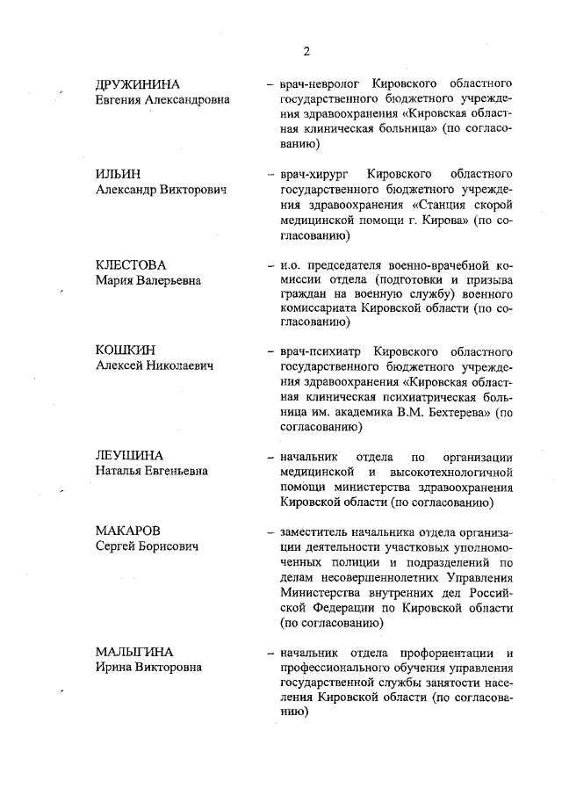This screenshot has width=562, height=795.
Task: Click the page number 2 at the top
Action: pos(306,51)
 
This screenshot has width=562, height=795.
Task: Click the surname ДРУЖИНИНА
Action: pos(138,84)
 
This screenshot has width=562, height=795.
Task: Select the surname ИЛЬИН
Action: pos(118,174)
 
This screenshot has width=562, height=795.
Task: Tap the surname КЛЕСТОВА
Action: pos(131,264)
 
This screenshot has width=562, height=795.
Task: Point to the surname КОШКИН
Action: pos(125,350)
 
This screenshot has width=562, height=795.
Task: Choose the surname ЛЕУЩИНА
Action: pos(130,455)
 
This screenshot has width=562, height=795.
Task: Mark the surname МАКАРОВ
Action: pos(129,531)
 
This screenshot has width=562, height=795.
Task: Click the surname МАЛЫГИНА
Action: pos(134,652)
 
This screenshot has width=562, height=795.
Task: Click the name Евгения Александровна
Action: pos(162,100)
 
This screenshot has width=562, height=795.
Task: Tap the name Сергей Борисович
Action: pos(147,546)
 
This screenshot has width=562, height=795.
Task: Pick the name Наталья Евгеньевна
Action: pos(152,471)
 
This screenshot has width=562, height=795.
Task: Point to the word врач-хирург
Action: pos(316,174)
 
